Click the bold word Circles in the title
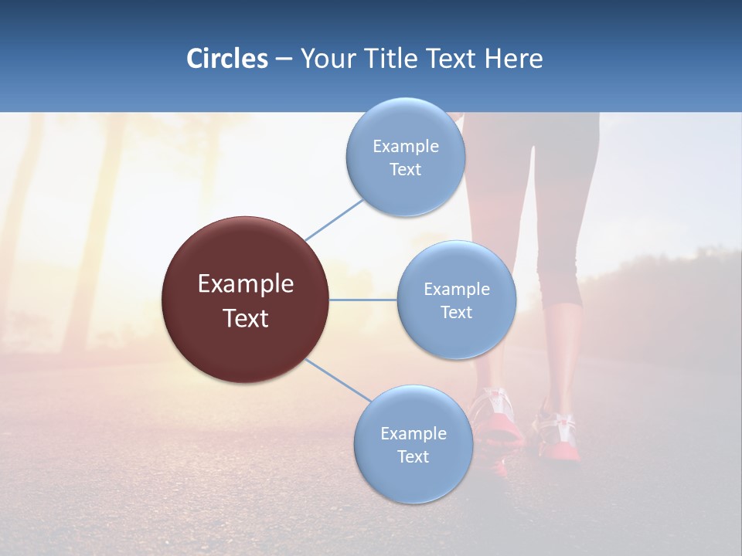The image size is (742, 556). (226, 59)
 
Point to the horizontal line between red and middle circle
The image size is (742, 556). (362, 300)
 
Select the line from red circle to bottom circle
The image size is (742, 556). (339, 380)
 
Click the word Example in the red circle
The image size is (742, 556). (246, 284)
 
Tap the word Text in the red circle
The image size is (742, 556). (246, 318)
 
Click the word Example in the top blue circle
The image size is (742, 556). (405, 147)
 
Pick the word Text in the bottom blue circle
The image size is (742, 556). (413, 456)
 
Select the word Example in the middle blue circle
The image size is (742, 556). (456, 290)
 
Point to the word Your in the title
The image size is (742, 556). (325, 59)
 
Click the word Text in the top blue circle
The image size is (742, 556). (405, 170)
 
